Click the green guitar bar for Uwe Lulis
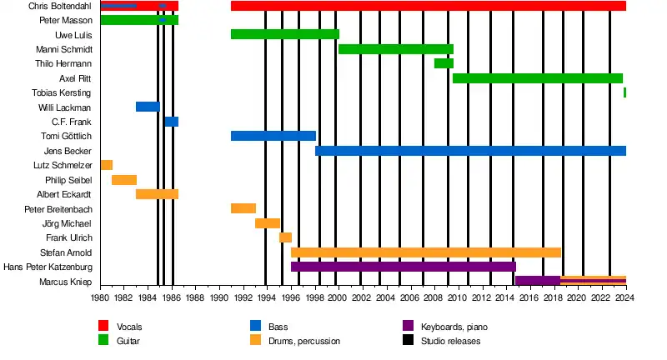click(x=284, y=34)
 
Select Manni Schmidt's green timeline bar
click(x=395, y=49)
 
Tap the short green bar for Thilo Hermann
click(x=444, y=63)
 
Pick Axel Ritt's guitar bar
click(x=537, y=78)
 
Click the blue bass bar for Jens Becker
click(x=470, y=151)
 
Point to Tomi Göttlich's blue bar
click(x=273, y=136)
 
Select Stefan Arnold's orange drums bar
click(x=425, y=252)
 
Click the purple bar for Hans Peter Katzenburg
click(x=403, y=267)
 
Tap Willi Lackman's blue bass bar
click(x=148, y=107)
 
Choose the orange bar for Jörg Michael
click(x=267, y=223)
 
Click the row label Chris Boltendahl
click(x=60, y=6)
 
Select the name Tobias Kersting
click(x=62, y=92)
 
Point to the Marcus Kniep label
click(x=65, y=282)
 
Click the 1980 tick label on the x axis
click(x=100, y=296)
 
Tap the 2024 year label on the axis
click(x=625, y=296)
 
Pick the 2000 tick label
click(x=337, y=296)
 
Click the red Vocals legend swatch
click(x=104, y=326)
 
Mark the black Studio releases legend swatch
click(x=408, y=340)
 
